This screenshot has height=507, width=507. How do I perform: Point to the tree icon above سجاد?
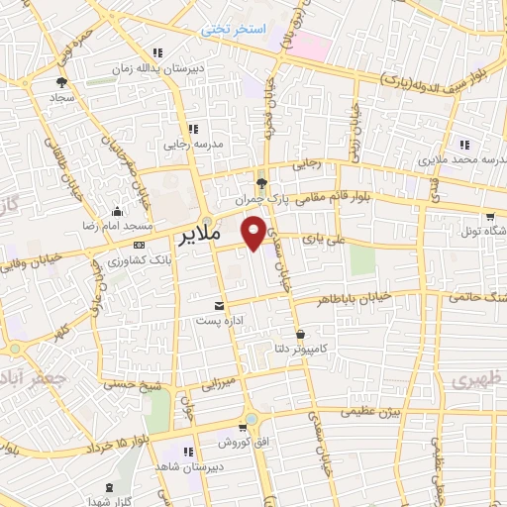click(61, 82)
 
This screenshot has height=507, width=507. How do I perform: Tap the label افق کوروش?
click(210, 441)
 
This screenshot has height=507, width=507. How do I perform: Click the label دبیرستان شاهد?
click(189, 466)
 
